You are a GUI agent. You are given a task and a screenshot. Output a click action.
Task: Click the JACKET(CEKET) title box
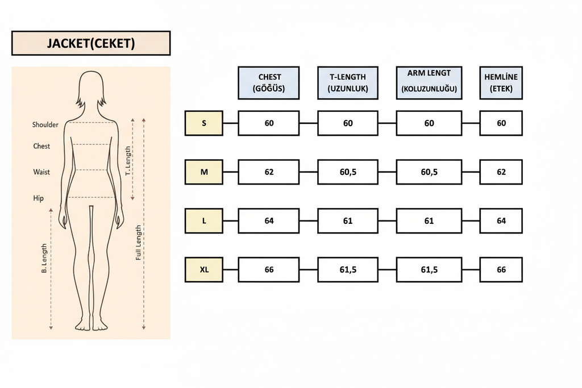[91, 43]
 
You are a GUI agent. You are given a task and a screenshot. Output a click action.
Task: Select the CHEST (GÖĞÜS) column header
[269, 83]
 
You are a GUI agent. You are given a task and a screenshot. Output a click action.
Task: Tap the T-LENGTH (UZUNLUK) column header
[348, 83]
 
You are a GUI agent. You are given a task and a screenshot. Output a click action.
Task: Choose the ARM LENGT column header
[429, 83]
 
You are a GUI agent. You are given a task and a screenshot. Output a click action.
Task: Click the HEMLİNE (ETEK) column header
[501, 83]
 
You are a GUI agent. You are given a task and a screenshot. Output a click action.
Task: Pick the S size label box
[204, 123]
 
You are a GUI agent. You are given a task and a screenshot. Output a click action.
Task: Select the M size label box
[204, 172]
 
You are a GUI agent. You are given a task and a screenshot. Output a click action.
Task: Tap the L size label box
[204, 221]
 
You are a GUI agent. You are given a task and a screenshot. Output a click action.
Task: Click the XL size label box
[204, 270]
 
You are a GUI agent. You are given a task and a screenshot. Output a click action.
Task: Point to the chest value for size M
[269, 172]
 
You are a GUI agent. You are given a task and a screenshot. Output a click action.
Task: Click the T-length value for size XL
[348, 270]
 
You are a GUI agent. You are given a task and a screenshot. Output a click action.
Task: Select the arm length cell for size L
[429, 221]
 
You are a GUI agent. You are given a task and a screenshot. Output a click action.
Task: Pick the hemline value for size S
[501, 123]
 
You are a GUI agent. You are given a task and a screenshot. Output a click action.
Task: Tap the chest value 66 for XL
[269, 270]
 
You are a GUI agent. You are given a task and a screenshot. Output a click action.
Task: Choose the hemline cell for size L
[501, 221]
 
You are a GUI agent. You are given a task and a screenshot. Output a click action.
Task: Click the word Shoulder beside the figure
[45, 125]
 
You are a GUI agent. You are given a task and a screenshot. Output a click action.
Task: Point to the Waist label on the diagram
[41, 172]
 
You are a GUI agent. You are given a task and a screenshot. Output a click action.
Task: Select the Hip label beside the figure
[39, 198]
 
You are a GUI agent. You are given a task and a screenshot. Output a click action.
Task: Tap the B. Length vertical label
[44, 258]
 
